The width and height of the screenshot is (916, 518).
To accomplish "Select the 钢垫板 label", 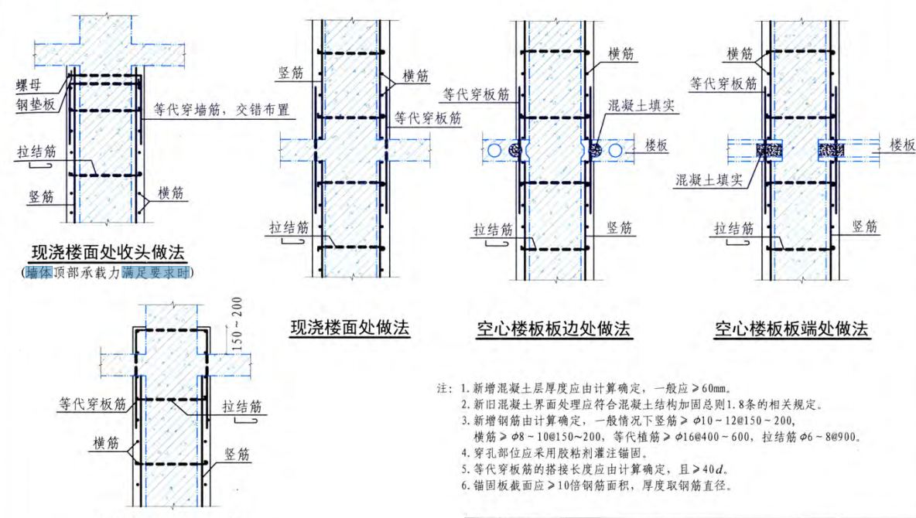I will tap(35, 104).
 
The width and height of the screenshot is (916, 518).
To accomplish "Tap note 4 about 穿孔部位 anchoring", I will tap(550, 453).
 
